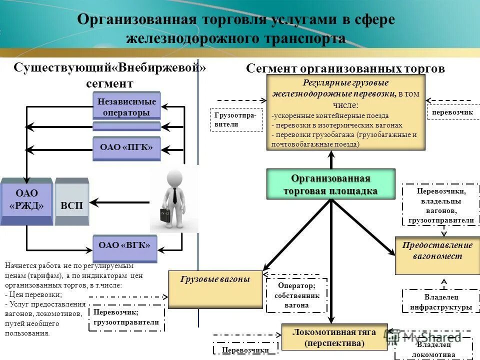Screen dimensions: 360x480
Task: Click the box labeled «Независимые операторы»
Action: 126,106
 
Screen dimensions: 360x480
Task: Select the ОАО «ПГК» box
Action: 126,147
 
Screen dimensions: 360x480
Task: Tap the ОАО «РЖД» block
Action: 26,200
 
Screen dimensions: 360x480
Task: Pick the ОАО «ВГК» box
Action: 124,246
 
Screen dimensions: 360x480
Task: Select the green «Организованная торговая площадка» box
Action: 330,185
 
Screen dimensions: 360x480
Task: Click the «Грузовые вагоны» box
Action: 215,289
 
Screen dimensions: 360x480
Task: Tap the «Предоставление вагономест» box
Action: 437,255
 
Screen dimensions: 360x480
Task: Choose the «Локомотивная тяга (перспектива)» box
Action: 334,337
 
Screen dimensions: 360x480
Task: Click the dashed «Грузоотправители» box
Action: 236,119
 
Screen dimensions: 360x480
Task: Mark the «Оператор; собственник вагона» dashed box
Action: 296,295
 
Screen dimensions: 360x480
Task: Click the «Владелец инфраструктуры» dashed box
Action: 441,302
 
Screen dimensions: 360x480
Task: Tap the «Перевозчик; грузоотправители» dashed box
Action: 126,317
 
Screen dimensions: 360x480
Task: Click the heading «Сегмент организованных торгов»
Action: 345,68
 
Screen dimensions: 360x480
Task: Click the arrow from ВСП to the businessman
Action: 120,202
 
